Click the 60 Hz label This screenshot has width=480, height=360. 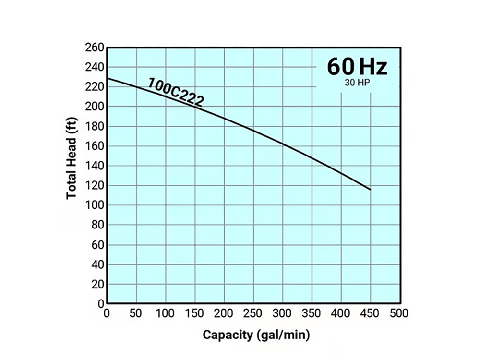pyautogui.click(x=357, y=67)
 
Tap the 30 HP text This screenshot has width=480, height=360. pyautogui.click(x=357, y=82)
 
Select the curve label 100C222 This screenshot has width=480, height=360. pyautogui.click(x=176, y=91)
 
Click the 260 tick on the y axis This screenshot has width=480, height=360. pyautogui.click(x=94, y=48)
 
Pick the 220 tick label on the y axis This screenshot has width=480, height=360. pyautogui.click(x=94, y=87)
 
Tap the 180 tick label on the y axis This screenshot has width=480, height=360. pyautogui.click(x=94, y=126)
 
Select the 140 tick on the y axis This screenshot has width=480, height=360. pyautogui.click(x=94, y=166)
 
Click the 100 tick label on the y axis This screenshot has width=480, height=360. pyautogui.click(x=94, y=205)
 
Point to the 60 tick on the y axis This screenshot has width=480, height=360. pyautogui.click(x=97, y=245)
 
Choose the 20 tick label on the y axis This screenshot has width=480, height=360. pyautogui.click(x=97, y=284)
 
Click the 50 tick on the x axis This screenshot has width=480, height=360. pyautogui.click(x=136, y=314)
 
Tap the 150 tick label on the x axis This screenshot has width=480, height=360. pyautogui.click(x=195, y=314)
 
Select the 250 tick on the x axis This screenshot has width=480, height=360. pyautogui.click(x=253, y=314)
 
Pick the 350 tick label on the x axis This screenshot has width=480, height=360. pyautogui.click(x=312, y=314)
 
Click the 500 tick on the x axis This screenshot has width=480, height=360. pyautogui.click(x=399, y=314)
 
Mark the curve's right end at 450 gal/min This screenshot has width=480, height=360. pyautogui.click(x=370, y=190)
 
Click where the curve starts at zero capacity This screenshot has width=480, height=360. pyautogui.click(x=108, y=78)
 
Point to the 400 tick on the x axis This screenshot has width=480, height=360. pyautogui.click(x=341, y=314)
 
